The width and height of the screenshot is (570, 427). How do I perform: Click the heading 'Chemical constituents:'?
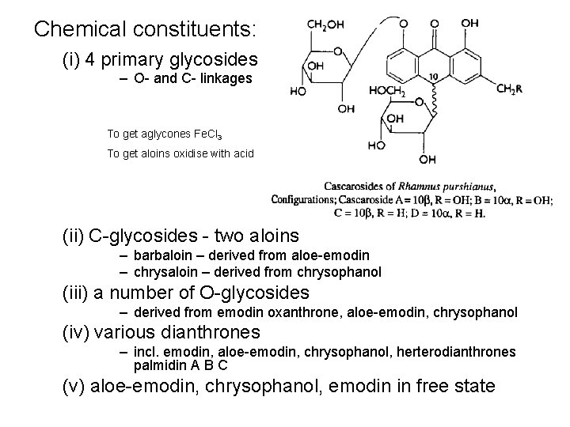tap(146, 30)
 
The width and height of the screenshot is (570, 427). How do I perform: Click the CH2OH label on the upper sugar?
tap(325, 25)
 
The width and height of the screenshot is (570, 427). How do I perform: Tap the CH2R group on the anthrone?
tap(509, 90)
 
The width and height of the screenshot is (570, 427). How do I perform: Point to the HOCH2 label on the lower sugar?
tap(387, 93)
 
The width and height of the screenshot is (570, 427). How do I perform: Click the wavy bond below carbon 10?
tap(433, 99)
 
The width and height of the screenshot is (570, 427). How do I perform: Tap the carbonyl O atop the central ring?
tap(434, 23)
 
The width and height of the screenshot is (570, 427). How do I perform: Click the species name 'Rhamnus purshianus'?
tap(446, 187)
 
